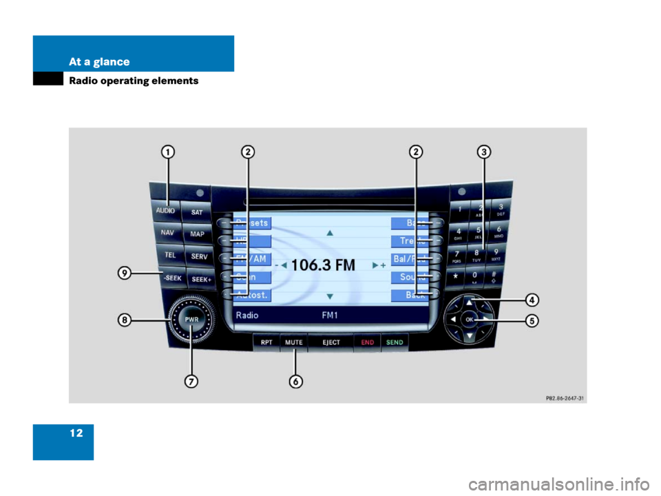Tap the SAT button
coord(196,213)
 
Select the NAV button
coord(167,233)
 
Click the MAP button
coord(197,234)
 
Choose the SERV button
coord(199,256)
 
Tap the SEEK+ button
coord(200,279)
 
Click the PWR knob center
coord(190,320)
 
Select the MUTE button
coord(294,342)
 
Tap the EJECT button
coord(330,342)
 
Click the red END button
coord(367,342)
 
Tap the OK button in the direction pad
coord(469,320)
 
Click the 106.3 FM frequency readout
coord(323,265)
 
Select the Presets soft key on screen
coord(252,223)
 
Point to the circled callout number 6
coord(295,381)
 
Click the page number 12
coord(75,433)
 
